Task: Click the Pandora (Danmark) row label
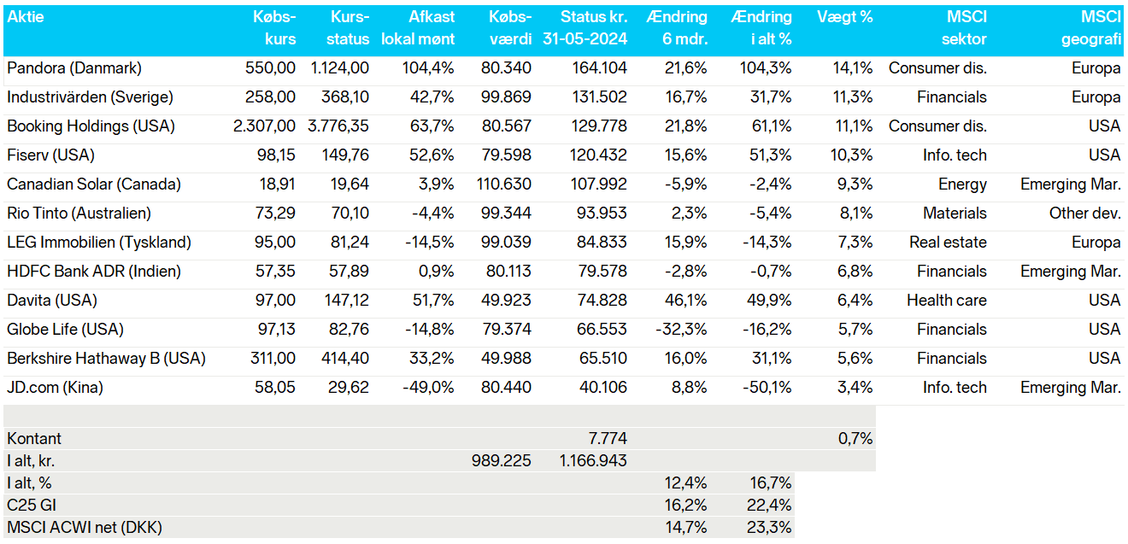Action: click(x=74, y=68)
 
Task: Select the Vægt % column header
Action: click(x=844, y=17)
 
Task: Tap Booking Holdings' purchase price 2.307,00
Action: click(x=264, y=126)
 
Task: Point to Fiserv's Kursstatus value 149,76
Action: click(x=345, y=155)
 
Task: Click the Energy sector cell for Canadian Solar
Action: click(x=962, y=184)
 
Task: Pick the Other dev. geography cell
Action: click(x=1085, y=214)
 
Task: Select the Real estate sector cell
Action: click(x=948, y=243)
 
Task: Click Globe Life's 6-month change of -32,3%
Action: click(x=681, y=330)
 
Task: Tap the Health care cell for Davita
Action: click(x=947, y=301)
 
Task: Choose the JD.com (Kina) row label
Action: click(x=55, y=388)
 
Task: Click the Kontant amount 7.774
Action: click(x=608, y=439)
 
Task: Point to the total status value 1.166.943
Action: click(x=593, y=461)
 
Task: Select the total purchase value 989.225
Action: click(x=501, y=461)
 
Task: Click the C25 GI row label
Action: click(x=32, y=506)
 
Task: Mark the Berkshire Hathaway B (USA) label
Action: click(x=106, y=359)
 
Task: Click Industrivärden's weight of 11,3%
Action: click(x=853, y=97)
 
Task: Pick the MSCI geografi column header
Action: click(x=1091, y=27)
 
